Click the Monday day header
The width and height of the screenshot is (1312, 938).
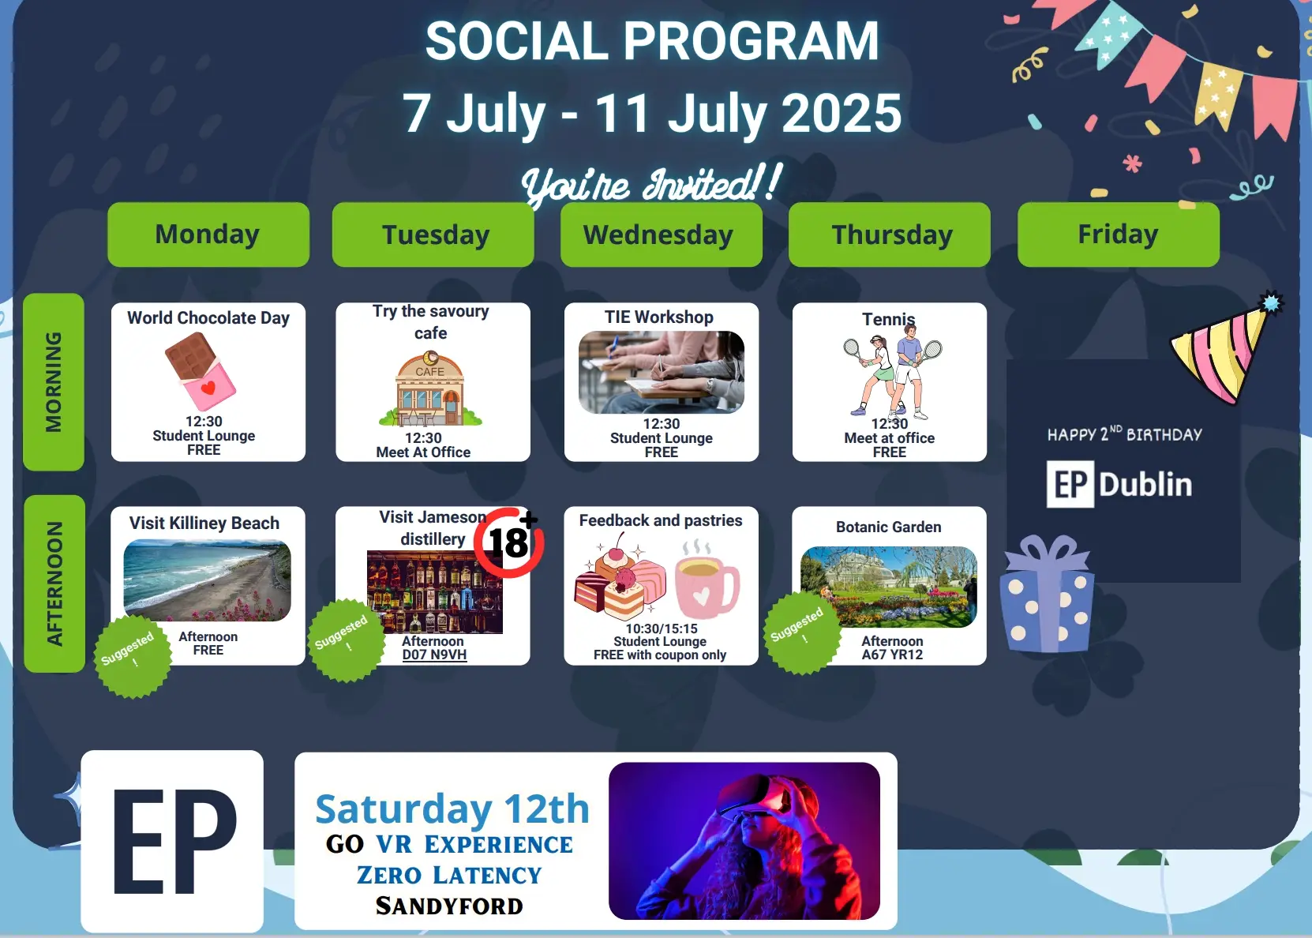[208, 234]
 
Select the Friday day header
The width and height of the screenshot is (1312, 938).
[1118, 234]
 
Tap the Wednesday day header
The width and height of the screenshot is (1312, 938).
[662, 234]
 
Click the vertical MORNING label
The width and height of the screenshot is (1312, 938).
[54, 382]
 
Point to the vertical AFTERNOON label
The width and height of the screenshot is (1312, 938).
[54, 583]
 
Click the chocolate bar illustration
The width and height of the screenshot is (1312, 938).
[200, 371]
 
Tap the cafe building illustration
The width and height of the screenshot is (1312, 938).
[430, 388]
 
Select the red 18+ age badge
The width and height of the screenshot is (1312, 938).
[509, 542]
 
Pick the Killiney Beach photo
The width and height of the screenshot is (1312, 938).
[208, 580]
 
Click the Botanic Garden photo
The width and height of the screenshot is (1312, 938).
[889, 587]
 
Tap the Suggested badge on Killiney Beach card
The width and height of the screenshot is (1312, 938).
[133, 655]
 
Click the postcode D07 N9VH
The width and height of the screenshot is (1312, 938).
[435, 655]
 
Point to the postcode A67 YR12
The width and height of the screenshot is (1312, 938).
[892, 655]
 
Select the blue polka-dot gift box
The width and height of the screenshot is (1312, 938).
[1047, 594]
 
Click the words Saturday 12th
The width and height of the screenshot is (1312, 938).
[452, 809]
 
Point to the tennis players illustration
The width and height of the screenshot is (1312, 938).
[892, 370]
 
